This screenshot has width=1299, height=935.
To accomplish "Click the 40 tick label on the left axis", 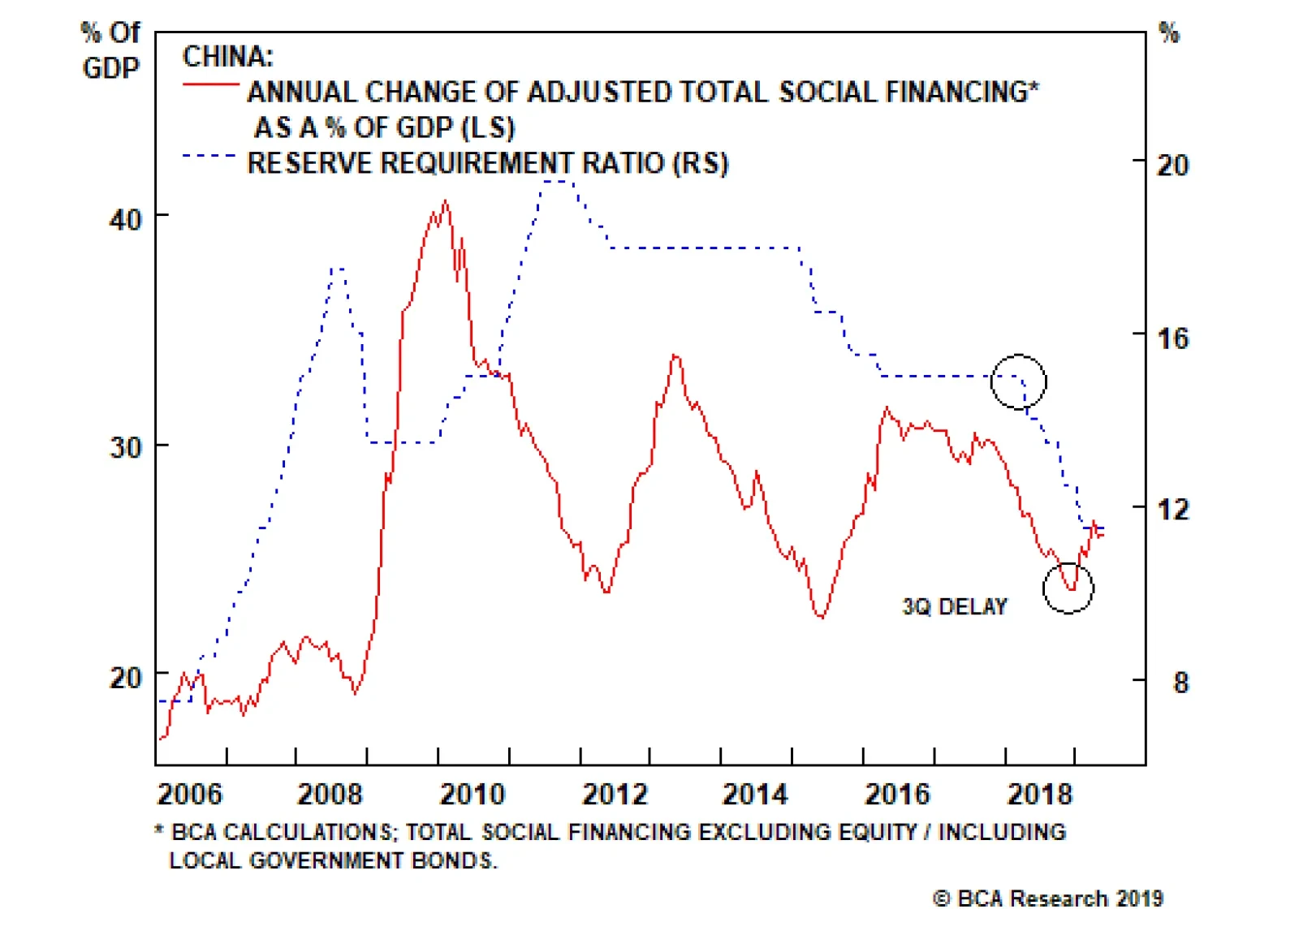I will pos(125,219).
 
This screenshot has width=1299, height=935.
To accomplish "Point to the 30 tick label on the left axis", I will pos(125,447).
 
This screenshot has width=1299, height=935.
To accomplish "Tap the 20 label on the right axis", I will pos(1172,166).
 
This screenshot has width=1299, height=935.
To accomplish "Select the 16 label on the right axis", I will pos(1172,338).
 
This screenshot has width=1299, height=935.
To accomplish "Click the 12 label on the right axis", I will pos(1172,510).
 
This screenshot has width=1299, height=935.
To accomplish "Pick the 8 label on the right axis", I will pos(1180,683).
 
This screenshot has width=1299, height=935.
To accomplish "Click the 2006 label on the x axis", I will pos(189,794).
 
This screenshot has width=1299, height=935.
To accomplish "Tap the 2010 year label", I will pos(472,794).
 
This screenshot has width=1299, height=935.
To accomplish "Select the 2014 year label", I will pos(755,794).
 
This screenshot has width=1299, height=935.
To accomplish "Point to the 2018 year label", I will pos(1040,794).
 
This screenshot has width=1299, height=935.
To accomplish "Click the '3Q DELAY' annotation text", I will pos(955,607).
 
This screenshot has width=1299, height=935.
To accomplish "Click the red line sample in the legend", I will pos(210,84).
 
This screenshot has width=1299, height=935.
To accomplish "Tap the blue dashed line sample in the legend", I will pos(209,155).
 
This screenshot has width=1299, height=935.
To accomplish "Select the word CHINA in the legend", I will pos(227,57).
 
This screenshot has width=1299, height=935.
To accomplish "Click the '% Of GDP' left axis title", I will pos(110,50).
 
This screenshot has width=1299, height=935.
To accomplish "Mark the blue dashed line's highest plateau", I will pos(558,181).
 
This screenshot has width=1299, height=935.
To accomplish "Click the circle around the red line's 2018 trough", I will pos(1068,588).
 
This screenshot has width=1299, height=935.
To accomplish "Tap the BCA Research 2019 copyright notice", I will pos(1048,898).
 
